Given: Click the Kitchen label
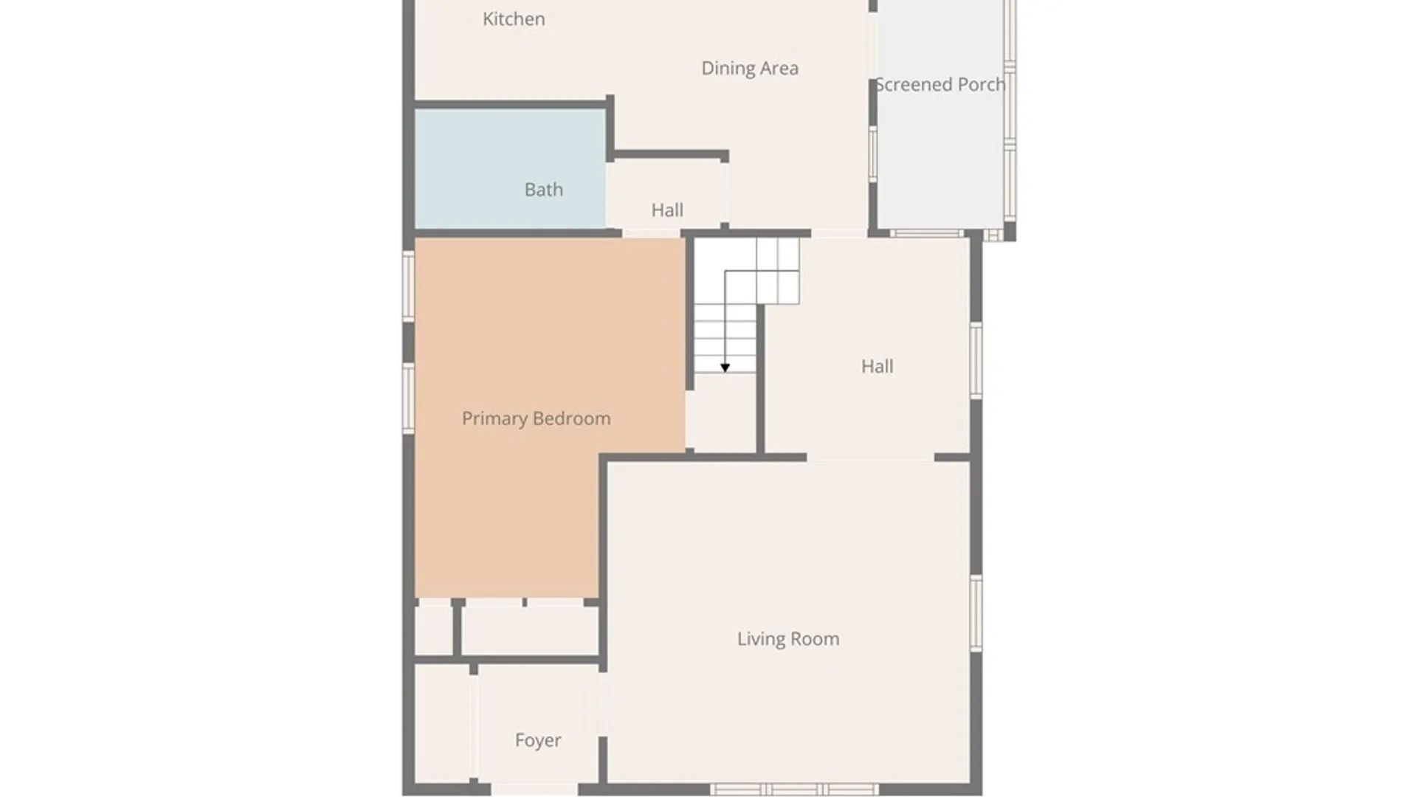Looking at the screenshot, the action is coord(514,19).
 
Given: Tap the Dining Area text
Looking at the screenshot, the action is coord(750,69).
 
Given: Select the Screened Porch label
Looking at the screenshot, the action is coord(940,85).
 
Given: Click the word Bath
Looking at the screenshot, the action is coord(544,190).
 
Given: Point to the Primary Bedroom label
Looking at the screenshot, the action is coord(537,419).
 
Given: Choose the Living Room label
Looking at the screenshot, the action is coord(788,639).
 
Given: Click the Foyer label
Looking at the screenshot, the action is coord(538,740).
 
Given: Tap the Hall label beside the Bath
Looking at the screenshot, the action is coord(667,210).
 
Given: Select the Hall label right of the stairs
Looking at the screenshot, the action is coord(878,367).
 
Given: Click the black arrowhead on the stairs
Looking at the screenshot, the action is coord(725,368).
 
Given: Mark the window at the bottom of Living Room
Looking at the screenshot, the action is coord(796,790).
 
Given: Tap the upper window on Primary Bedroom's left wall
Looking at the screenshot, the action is coord(408,286).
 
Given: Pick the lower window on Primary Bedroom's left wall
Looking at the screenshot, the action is coord(408,398).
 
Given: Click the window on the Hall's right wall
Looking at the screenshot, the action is coord(976,361).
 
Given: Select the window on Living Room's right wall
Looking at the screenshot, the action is coord(976,613).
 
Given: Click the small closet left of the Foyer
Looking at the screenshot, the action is coord(442,724).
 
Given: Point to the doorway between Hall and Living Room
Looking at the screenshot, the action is coord(870,458).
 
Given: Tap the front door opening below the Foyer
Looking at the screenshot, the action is coord(534,790).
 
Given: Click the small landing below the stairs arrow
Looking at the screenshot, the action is coord(721,412).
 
